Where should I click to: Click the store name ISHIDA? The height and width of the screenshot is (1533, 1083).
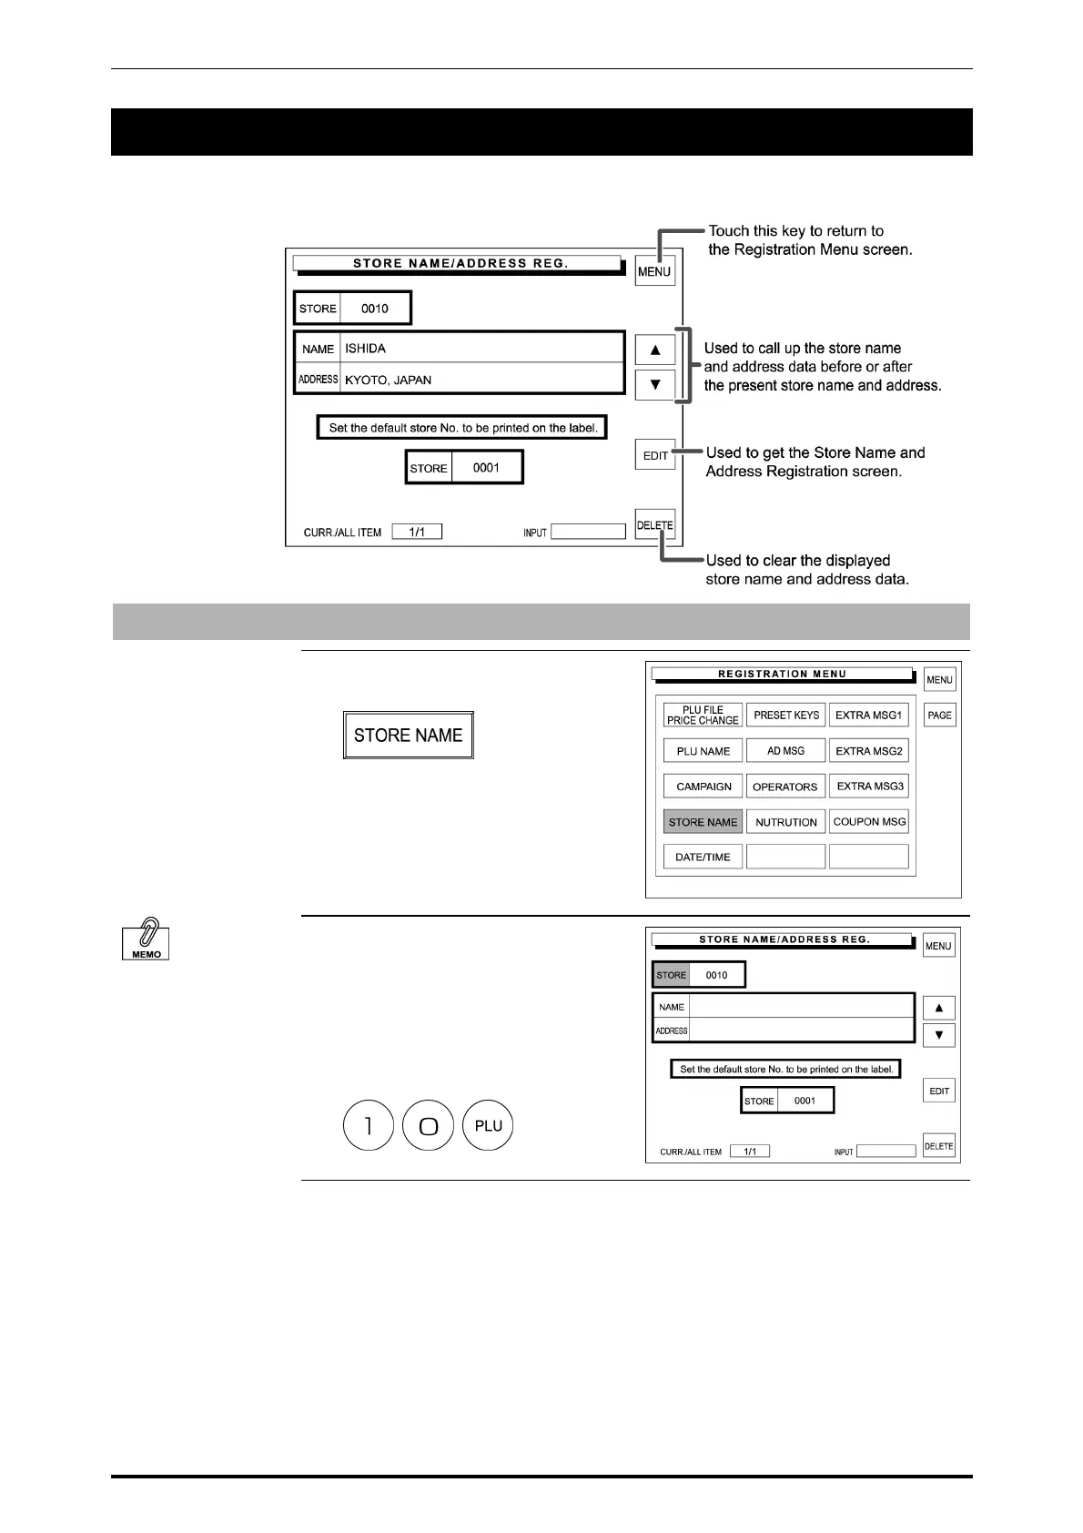coord(366,349)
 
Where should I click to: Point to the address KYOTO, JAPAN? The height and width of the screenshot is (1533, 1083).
coord(388,380)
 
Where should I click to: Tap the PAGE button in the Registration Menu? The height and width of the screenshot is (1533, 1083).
coord(939,716)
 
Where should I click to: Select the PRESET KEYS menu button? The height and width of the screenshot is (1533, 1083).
coord(786,716)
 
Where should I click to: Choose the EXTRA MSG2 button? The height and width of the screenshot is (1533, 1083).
coord(868,751)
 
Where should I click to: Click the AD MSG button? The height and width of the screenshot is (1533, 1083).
coord(786,751)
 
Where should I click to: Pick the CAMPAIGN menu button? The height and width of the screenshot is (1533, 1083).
coord(703,787)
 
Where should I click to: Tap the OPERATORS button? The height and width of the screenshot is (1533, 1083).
coord(786,787)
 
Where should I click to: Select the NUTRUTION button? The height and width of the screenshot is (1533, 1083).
coord(786,822)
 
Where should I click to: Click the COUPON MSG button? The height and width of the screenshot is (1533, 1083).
coord(869,821)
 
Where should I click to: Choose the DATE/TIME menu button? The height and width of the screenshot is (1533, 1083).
coord(703,857)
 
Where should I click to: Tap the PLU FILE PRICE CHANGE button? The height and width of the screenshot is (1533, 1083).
coord(703,716)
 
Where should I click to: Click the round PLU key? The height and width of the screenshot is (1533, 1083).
coord(489,1126)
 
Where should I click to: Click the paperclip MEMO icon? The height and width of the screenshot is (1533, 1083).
coord(147,939)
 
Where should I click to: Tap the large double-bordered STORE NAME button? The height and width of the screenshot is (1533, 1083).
coord(409,736)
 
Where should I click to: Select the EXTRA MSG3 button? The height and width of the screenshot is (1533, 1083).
coord(869,786)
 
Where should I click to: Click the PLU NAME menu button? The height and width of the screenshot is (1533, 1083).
coord(703,751)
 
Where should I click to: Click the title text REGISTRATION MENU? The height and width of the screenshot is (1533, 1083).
coord(782,675)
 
